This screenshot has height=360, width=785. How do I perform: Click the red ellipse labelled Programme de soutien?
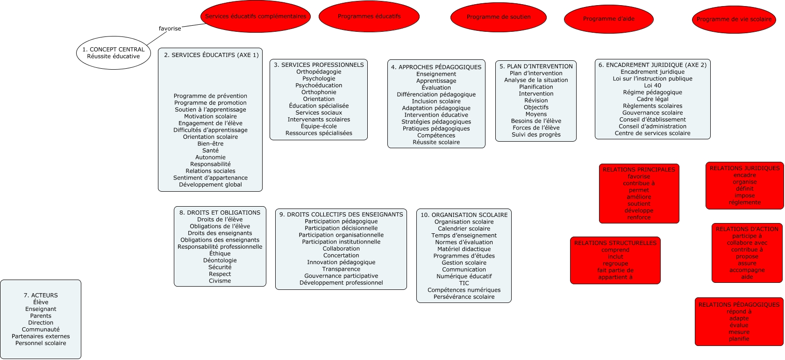(x=499, y=17)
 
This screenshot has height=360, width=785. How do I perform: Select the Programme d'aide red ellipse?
(x=608, y=19)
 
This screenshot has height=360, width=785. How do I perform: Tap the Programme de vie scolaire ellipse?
(x=734, y=20)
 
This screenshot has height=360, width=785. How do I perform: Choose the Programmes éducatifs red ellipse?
(x=369, y=16)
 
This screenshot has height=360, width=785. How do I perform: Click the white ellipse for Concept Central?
(x=114, y=53)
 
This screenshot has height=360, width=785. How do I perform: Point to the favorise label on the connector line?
(x=170, y=29)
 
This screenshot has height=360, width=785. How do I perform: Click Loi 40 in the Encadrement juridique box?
(x=652, y=86)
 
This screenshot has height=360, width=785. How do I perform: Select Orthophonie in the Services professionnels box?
(x=319, y=92)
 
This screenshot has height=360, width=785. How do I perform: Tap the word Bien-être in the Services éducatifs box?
(x=210, y=144)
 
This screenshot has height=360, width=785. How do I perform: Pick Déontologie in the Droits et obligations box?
(x=220, y=260)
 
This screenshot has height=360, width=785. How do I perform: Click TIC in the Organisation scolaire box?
(x=464, y=283)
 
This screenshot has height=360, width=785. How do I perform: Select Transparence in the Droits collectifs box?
(x=341, y=269)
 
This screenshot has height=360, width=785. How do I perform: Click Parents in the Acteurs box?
(x=41, y=316)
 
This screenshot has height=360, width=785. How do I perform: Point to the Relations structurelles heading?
(x=615, y=243)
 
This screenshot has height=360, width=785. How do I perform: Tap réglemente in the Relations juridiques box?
(x=744, y=202)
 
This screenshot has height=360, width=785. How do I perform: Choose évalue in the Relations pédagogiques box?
(x=739, y=325)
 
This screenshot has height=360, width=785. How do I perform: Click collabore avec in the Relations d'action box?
(x=747, y=243)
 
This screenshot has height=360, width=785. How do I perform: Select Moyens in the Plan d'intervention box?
(x=536, y=114)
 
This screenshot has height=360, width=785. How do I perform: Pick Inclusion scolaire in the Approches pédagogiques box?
(x=436, y=101)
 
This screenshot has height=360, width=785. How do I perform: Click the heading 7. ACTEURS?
(x=41, y=295)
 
